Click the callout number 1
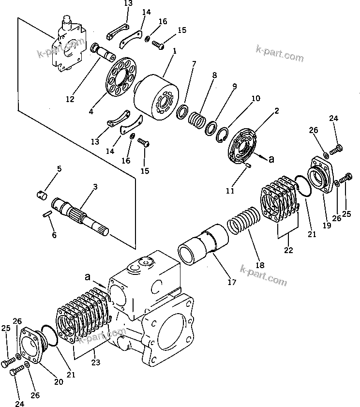point(174,50)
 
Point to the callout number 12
point(71,99)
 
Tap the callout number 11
point(230,191)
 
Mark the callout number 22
point(288,250)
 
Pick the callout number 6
point(54,235)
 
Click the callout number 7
point(194,63)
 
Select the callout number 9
point(234,87)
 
